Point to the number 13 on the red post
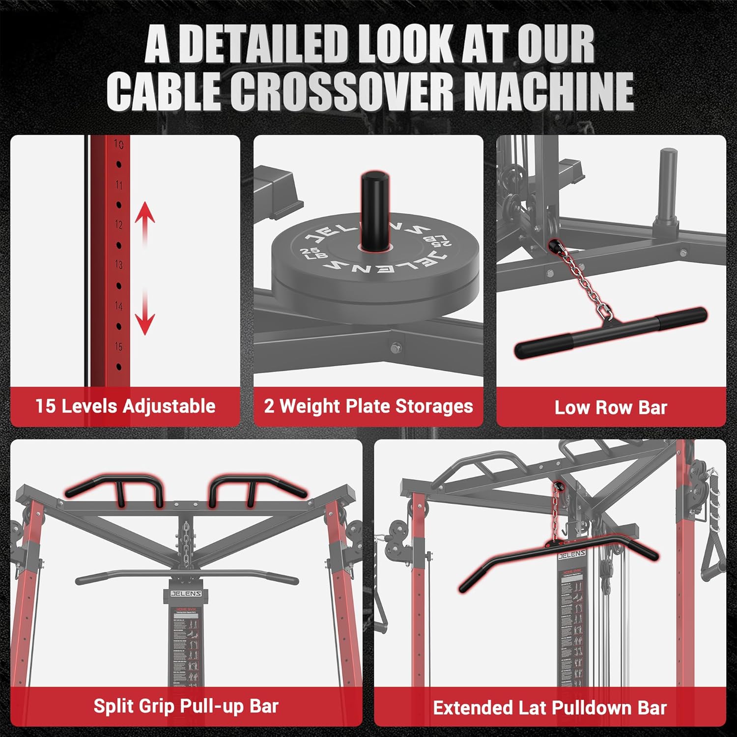118,265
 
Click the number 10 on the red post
118,144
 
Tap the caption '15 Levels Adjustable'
125,406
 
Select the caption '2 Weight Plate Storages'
368,406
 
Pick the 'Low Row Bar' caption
611,407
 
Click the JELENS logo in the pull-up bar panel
186,594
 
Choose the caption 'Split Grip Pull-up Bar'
186,706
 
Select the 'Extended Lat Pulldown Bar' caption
550,708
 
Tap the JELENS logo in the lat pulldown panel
571,555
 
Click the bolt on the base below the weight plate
396,348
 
